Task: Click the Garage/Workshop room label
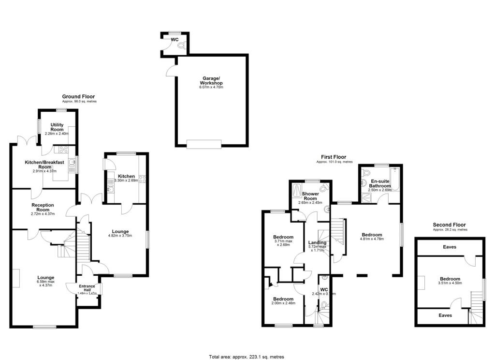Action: click(211, 81)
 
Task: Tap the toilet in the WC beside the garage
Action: click(181, 45)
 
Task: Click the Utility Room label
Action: click(57, 128)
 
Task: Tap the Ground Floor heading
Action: click(78, 97)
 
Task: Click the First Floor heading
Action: click(334, 157)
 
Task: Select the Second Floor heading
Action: click(449, 225)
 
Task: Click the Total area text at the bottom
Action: click(247, 357)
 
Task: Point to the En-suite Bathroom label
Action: click(379, 183)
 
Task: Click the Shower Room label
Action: click(309, 196)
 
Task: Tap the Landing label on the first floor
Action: click(317, 243)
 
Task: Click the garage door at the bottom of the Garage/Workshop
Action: click(204, 143)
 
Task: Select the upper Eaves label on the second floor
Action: click(449, 247)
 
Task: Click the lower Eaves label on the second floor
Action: click(445, 315)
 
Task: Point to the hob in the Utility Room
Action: click(63, 149)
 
